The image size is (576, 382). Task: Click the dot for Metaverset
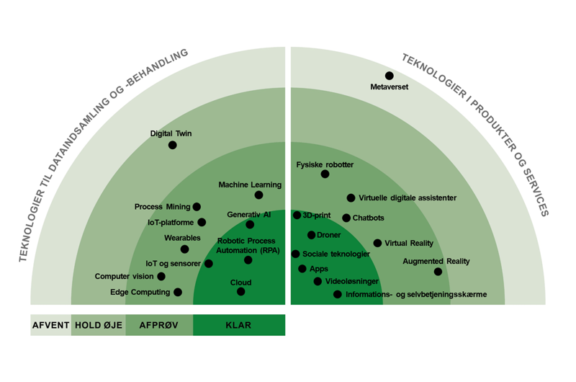coord(390,76)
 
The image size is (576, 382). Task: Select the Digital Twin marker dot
coord(172,145)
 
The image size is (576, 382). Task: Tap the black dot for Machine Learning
coord(258,195)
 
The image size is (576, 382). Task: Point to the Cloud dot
coord(241,292)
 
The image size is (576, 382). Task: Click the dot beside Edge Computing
coord(178,293)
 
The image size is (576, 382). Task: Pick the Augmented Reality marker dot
coord(438,272)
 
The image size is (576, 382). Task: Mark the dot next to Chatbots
coord(346,218)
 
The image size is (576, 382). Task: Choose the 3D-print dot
coord(297,215)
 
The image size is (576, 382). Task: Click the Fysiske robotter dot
coord(325,174)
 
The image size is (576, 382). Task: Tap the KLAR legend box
coord(239,325)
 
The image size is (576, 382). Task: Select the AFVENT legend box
coord(50,325)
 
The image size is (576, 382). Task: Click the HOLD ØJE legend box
coord(99,325)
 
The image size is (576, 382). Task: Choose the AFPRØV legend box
coord(159,325)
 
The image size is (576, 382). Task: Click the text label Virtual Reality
coord(409,243)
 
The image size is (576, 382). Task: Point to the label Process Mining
coord(163,207)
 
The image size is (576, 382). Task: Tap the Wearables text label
coord(182,238)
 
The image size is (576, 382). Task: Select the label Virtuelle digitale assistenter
coord(408,197)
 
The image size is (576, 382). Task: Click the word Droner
coord(329,235)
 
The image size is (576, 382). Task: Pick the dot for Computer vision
coord(161,276)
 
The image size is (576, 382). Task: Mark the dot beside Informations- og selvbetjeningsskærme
coord(338,294)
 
